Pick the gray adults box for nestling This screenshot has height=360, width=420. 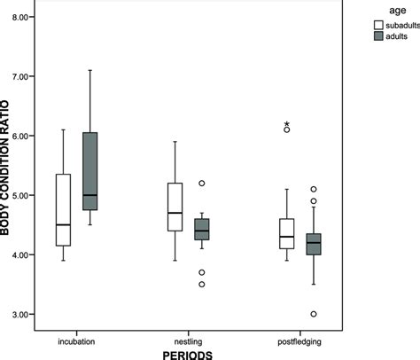202,229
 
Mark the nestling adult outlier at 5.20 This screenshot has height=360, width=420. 202,184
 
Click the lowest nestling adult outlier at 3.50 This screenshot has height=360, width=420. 202,285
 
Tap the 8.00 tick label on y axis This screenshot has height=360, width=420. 24,17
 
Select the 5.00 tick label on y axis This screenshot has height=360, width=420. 24,195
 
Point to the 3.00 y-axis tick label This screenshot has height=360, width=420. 24,314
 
